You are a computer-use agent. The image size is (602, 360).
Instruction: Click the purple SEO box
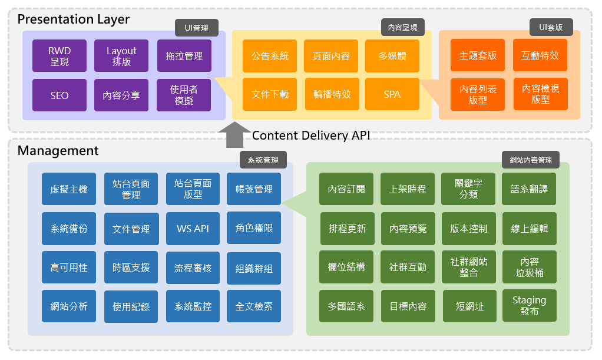coord(59,95)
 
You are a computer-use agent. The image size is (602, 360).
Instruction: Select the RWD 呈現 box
coord(59,56)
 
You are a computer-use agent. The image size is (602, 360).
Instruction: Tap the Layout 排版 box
coord(121,56)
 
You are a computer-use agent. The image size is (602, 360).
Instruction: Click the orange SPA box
coord(392,94)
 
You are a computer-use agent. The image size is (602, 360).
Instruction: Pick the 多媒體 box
coord(392,56)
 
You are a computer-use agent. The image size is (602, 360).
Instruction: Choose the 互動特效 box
coord(540,55)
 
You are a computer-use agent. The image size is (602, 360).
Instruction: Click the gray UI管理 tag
coord(197,27)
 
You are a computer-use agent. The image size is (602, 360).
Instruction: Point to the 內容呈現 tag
coord(403,27)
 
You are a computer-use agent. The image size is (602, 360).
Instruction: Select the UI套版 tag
coord(551,27)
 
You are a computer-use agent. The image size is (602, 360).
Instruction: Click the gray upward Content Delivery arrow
coord(234,135)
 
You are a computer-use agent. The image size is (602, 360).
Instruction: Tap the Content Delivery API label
coord(310,136)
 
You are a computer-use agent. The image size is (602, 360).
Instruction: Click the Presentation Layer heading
coord(74,19)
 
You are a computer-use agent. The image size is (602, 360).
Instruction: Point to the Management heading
coord(58,151)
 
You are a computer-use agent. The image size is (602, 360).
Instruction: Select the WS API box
coord(193,229)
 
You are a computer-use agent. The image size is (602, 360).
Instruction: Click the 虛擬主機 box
coord(69,189)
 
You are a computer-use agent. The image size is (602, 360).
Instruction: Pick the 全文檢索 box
coord(254,306)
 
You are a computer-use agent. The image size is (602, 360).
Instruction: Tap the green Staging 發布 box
coord(529,305)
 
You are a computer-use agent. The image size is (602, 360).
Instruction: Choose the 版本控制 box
coord(468,229)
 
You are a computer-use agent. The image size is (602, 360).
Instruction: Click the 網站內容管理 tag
coord(531,160)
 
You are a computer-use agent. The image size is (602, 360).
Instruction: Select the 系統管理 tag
coord(263,160)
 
